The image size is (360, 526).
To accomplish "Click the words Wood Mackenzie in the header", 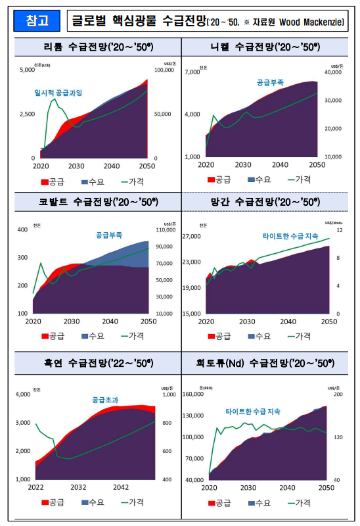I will [311, 22].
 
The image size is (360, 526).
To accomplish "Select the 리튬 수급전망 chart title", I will [94, 47].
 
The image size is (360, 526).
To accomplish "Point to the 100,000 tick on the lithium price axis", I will [164, 69].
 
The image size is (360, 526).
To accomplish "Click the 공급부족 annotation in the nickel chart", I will [270, 83].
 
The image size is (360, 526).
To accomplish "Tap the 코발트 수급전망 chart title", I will [94, 201].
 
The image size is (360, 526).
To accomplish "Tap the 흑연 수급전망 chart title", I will [94, 362].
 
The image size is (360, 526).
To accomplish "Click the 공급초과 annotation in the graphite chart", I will [105, 399].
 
